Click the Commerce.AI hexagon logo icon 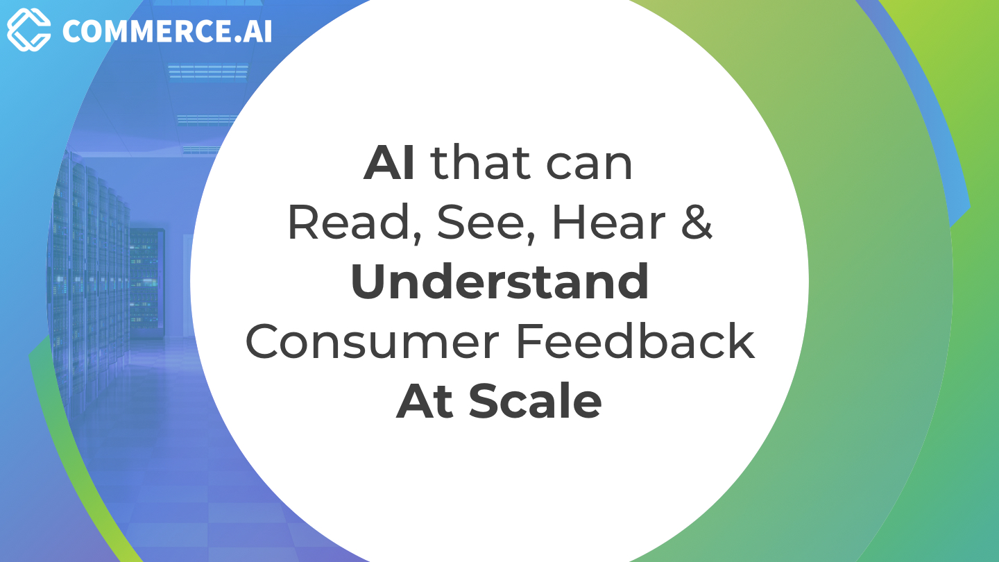(x=29, y=30)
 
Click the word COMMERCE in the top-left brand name (x=148, y=31)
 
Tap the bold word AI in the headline (x=389, y=163)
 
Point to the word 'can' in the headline (x=589, y=167)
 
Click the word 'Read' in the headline (x=348, y=222)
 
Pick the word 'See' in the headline (x=480, y=223)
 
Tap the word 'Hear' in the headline (x=609, y=223)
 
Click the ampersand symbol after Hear (x=697, y=223)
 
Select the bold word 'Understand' (x=499, y=282)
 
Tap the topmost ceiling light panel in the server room (x=208, y=71)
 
